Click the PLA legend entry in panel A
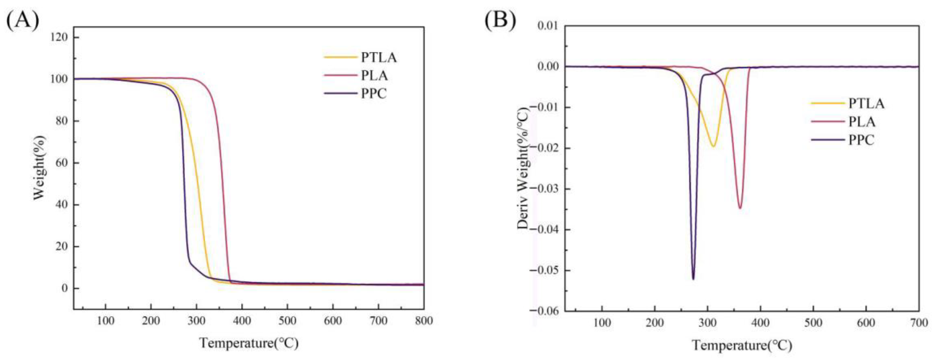374,76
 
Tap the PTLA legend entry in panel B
866,104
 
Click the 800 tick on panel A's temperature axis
423,321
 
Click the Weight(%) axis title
40,168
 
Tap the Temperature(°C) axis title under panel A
249,343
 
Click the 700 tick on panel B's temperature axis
918,322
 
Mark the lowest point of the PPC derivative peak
693,279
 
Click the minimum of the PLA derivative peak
740,208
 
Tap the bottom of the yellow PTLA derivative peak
713,146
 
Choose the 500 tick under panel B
813,322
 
